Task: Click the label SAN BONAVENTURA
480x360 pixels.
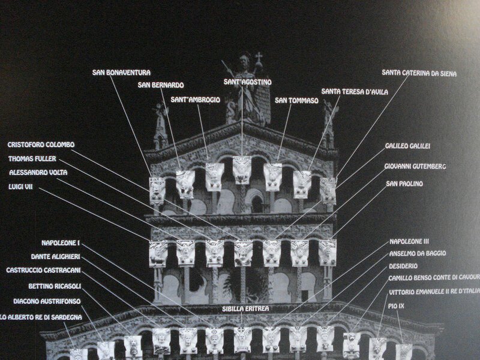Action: pyautogui.click(x=121, y=72)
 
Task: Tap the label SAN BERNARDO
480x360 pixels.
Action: pyautogui.click(x=161, y=85)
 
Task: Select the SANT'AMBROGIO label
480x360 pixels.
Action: pyautogui.click(x=195, y=99)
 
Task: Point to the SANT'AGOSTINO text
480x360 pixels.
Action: pyautogui.click(x=248, y=82)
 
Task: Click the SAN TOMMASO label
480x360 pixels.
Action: pyautogui.click(x=296, y=100)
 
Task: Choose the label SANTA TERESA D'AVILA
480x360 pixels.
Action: pyautogui.click(x=355, y=91)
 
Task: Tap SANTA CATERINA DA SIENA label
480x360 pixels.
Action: pyautogui.click(x=419, y=73)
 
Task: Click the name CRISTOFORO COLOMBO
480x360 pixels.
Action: pyautogui.click(x=41, y=145)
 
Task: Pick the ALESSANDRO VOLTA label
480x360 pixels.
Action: pyautogui.click(x=38, y=172)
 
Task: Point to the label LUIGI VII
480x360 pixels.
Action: pyautogui.click(x=20, y=186)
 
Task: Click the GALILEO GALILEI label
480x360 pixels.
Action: pyautogui.click(x=408, y=146)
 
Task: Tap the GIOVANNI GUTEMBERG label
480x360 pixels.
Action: pyautogui.click(x=415, y=166)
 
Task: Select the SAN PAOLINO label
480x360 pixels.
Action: pyautogui.click(x=404, y=183)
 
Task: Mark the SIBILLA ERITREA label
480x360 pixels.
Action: pyautogui.click(x=244, y=308)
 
